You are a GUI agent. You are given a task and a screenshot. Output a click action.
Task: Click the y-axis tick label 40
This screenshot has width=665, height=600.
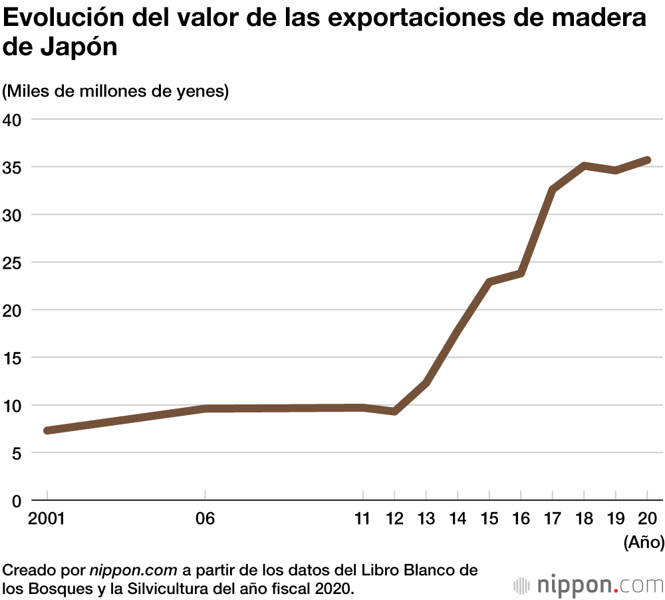(12, 120)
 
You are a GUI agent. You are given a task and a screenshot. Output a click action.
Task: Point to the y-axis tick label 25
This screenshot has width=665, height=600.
(12, 263)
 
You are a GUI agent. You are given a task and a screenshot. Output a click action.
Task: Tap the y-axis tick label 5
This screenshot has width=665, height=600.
(17, 453)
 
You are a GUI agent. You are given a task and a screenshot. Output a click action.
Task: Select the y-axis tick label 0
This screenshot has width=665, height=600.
(17, 501)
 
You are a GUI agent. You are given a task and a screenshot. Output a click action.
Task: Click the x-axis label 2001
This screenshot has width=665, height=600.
(47, 519)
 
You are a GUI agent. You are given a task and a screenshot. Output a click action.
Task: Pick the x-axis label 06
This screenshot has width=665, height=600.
(205, 519)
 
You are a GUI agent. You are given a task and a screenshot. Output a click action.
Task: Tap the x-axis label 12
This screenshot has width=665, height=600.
(394, 519)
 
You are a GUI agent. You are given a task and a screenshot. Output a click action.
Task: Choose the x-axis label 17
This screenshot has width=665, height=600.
(552, 519)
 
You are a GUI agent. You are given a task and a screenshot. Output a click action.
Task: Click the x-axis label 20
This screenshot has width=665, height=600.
(647, 519)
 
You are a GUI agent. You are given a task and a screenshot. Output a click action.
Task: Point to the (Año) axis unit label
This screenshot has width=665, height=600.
(644, 542)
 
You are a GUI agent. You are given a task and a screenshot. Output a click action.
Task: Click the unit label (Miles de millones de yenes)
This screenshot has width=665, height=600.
(116, 91)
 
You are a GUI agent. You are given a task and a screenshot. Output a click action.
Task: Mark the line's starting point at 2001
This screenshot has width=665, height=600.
(47, 430)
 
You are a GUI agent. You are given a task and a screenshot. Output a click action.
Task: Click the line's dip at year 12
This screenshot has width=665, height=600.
(394, 412)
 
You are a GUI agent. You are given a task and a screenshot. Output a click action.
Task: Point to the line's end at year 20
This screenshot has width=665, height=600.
(646, 160)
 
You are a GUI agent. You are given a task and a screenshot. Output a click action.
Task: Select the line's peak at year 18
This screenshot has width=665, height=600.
(584, 166)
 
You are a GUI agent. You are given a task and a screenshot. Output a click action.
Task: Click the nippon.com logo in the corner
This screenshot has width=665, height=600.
(589, 585)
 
